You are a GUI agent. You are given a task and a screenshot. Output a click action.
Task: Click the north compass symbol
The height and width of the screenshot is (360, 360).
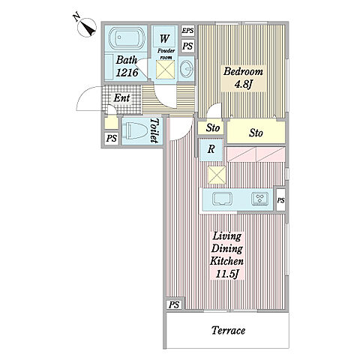click(x=87, y=28)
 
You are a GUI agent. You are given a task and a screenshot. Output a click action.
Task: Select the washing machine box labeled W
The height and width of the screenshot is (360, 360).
click(x=164, y=37)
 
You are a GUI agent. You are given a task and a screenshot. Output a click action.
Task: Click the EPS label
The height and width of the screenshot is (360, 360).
click(x=187, y=31)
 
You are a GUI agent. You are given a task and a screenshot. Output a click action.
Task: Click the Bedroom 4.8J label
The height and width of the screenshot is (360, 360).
click(x=243, y=78)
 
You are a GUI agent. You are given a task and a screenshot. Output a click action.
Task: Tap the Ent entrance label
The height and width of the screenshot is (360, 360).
click(x=121, y=98)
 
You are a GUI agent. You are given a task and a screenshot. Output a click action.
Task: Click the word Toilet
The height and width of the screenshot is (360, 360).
click(x=154, y=130)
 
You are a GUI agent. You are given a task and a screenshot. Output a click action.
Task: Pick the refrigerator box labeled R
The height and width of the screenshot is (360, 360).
click(x=211, y=149)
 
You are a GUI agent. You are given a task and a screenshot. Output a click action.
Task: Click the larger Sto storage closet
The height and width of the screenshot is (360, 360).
click(x=256, y=132)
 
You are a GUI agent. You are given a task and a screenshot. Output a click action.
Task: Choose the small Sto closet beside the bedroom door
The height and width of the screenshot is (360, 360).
click(x=212, y=127)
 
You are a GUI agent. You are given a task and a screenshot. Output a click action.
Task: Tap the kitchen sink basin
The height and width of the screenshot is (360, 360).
click(x=222, y=199)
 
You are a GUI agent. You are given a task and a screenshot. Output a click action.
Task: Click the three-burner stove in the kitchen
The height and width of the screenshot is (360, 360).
click(x=260, y=199)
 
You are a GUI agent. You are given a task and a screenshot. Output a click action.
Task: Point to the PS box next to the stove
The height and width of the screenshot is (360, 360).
click(x=280, y=200)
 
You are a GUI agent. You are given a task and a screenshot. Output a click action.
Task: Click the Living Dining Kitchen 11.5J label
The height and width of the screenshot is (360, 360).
click(x=227, y=255)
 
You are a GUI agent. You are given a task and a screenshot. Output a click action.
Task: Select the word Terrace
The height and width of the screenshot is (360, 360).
click(x=228, y=330)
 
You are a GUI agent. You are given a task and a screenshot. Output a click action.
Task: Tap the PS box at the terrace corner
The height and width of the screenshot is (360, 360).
click(x=174, y=304)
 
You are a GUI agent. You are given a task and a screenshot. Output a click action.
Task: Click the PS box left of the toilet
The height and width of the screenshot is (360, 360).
click(x=112, y=138)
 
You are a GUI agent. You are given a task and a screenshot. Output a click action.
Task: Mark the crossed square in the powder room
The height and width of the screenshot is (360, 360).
click(x=166, y=70)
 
